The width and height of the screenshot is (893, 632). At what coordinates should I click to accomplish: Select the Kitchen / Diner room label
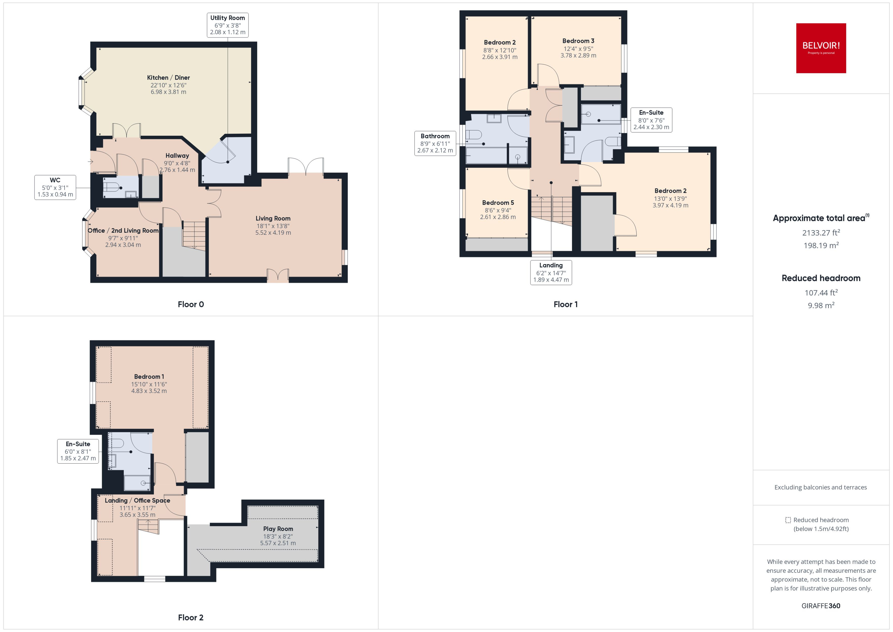pyautogui.click(x=168, y=78)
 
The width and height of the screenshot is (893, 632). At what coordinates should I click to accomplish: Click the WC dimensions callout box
pyautogui.click(x=55, y=187)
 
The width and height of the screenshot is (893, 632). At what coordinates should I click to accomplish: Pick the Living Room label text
pyautogui.click(x=273, y=218)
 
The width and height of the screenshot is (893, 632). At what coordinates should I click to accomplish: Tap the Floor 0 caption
pyautogui.click(x=191, y=304)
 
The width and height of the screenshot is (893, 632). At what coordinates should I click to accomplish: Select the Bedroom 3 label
pyautogui.click(x=578, y=41)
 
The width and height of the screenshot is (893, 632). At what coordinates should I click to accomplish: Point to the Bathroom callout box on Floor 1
pyautogui.click(x=435, y=143)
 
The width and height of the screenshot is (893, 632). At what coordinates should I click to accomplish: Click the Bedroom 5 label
pyautogui.click(x=498, y=203)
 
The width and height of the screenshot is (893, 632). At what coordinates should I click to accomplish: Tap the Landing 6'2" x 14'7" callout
pyautogui.click(x=551, y=272)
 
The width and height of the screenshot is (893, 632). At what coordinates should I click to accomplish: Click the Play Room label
pyautogui.click(x=278, y=528)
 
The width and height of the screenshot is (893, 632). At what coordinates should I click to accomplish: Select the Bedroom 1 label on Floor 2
pyautogui.click(x=149, y=376)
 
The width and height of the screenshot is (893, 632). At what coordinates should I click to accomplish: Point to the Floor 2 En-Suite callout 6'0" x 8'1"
pyautogui.click(x=78, y=451)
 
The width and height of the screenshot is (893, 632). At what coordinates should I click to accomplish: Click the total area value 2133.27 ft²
pyautogui.click(x=821, y=233)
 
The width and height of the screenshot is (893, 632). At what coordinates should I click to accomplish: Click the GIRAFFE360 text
pyautogui.click(x=821, y=605)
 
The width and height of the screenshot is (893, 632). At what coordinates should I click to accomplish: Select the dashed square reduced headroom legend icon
pyautogui.click(x=788, y=520)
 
